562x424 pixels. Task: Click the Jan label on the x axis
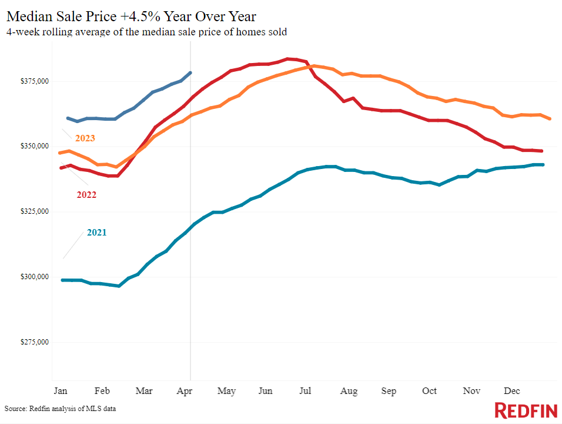59,391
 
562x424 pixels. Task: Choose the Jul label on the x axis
305,391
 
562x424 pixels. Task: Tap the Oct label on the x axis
430,391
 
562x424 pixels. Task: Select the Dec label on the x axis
510,391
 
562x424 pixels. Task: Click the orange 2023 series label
85,138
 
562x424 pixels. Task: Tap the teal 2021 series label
96,233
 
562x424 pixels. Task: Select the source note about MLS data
61,408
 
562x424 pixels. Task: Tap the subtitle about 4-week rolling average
146,32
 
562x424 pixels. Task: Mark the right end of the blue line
190,72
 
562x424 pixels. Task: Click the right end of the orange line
550,119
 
